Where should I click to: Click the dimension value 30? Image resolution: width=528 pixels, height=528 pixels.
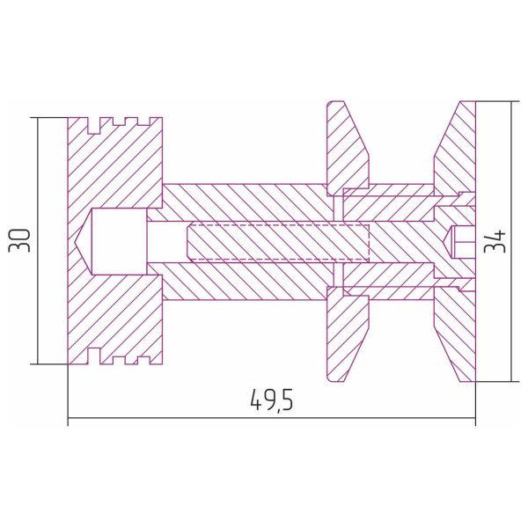(x=19, y=240)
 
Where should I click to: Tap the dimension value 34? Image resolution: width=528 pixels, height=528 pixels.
(x=495, y=241)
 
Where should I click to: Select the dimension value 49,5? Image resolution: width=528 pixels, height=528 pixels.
(x=272, y=400)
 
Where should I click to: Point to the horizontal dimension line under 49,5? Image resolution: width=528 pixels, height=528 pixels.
(x=272, y=418)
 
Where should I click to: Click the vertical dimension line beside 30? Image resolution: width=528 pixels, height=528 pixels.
(x=38, y=241)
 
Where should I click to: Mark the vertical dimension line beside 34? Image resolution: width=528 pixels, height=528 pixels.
(x=511, y=241)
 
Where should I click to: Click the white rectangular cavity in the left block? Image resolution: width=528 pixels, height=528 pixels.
(x=119, y=241)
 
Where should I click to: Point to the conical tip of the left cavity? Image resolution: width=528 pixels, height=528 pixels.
(x=77, y=241)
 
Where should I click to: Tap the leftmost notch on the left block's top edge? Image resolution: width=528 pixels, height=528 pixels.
(x=94, y=125)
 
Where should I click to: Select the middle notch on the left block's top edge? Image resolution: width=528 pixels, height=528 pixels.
(x=119, y=121)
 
